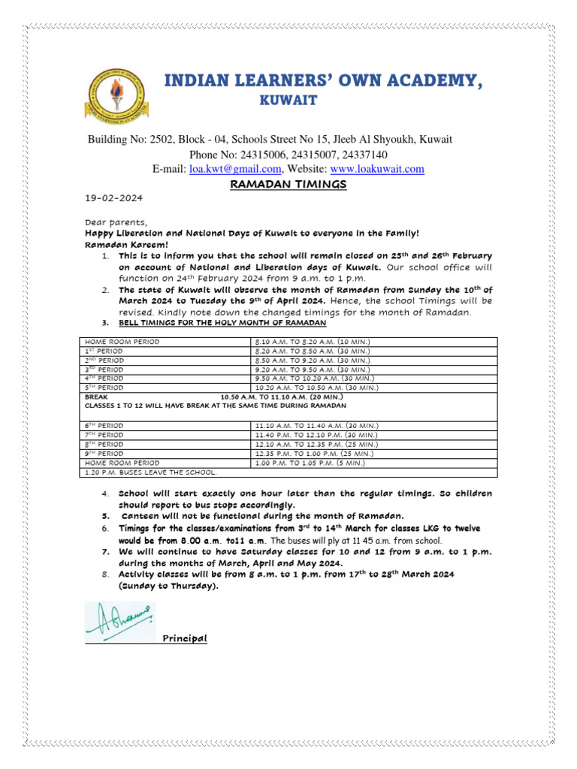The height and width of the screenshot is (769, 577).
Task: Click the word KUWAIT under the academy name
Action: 288,101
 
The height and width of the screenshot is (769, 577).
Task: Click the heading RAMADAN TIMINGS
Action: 288,185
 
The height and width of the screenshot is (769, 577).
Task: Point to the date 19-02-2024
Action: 113,199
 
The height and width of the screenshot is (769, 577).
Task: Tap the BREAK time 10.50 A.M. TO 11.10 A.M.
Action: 282,397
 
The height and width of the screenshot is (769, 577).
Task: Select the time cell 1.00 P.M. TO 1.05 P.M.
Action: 310,463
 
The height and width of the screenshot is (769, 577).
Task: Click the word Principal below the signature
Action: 184,639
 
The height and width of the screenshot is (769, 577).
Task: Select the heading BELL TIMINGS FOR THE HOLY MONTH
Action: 222,323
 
